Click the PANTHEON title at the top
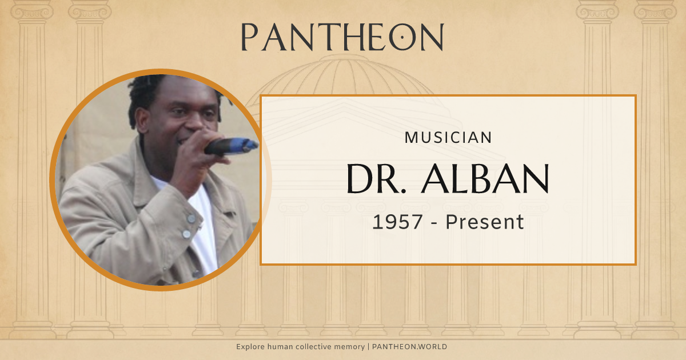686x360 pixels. (x=342, y=37)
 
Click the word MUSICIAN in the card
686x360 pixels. (x=448, y=138)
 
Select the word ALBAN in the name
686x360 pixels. (x=485, y=178)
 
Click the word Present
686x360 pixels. (x=485, y=222)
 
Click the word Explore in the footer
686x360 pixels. (x=252, y=347)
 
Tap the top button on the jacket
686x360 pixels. (x=191, y=218)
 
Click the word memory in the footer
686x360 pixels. (x=349, y=347)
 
